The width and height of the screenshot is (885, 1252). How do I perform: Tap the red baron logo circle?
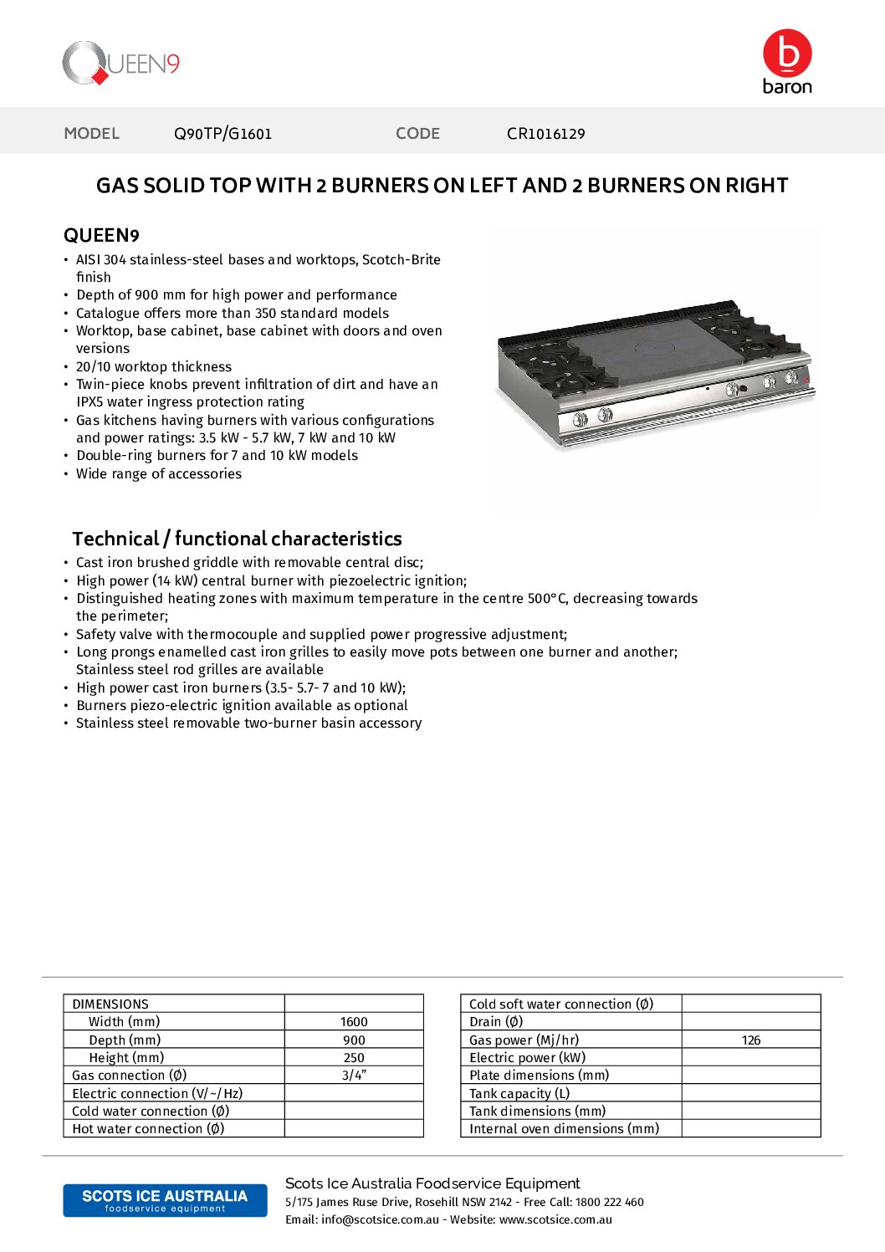point(787,54)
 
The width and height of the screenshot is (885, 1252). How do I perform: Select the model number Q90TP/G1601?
point(223,134)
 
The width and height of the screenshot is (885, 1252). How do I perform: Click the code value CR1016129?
point(546,134)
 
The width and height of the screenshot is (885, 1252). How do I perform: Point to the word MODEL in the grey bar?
point(92,134)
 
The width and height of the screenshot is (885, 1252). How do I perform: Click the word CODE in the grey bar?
point(417,134)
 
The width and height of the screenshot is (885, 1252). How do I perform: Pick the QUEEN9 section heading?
point(101,236)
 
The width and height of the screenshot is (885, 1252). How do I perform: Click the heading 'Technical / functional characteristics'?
point(237,539)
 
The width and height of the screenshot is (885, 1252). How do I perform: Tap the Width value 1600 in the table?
point(354,1022)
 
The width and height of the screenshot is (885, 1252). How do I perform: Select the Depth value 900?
point(354,1040)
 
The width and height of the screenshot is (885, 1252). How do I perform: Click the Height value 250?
point(354,1058)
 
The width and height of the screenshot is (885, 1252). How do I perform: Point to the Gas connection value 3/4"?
point(354,1076)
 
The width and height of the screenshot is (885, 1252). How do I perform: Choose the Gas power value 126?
point(751,1040)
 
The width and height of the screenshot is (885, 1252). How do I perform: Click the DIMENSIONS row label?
point(110,1004)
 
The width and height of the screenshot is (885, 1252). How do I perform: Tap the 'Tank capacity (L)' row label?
point(519,1094)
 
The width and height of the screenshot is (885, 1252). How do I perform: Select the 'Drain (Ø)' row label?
point(496,1022)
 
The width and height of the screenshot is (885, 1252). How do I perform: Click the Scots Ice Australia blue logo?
point(165,1200)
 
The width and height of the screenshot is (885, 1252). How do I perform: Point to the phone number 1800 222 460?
point(609,1203)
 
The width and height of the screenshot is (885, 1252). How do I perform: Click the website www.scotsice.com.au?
point(555,1220)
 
